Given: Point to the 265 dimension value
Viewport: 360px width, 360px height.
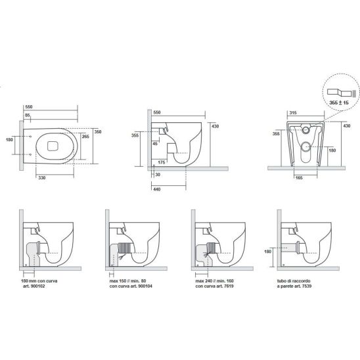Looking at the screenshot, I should coord(85,137).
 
